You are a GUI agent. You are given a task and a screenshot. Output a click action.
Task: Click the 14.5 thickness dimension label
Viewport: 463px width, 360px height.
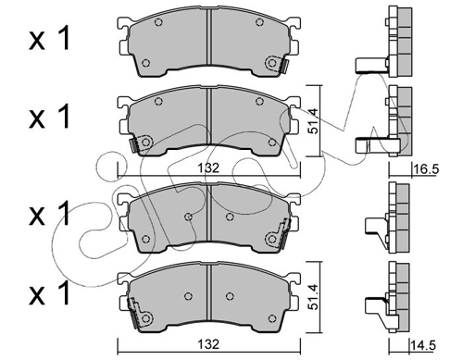[423, 345]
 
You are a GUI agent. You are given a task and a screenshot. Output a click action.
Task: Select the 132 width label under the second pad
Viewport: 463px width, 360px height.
[208, 168]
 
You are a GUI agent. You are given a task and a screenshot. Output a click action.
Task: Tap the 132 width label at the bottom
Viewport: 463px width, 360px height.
[208, 344]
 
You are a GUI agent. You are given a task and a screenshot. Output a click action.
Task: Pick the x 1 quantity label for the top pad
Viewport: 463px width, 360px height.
[50, 39]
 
